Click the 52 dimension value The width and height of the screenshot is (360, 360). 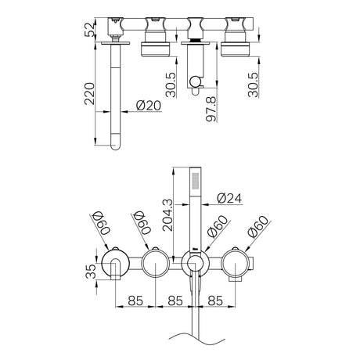[x=90, y=30]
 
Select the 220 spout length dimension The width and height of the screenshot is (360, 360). [x=89, y=94]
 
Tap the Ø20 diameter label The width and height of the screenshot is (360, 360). [x=149, y=106]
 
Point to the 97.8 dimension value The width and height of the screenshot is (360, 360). [x=211, y=109]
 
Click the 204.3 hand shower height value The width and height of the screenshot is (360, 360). [x=167, y=215]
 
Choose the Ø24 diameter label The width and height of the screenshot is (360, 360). [x=229, y=199]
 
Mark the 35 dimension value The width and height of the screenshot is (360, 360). [x=91, y=272]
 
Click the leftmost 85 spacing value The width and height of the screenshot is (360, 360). [x=135, y=301]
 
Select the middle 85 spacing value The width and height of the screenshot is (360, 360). [x=175, y=301]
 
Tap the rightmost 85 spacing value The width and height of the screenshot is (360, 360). [x=215, y=301]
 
